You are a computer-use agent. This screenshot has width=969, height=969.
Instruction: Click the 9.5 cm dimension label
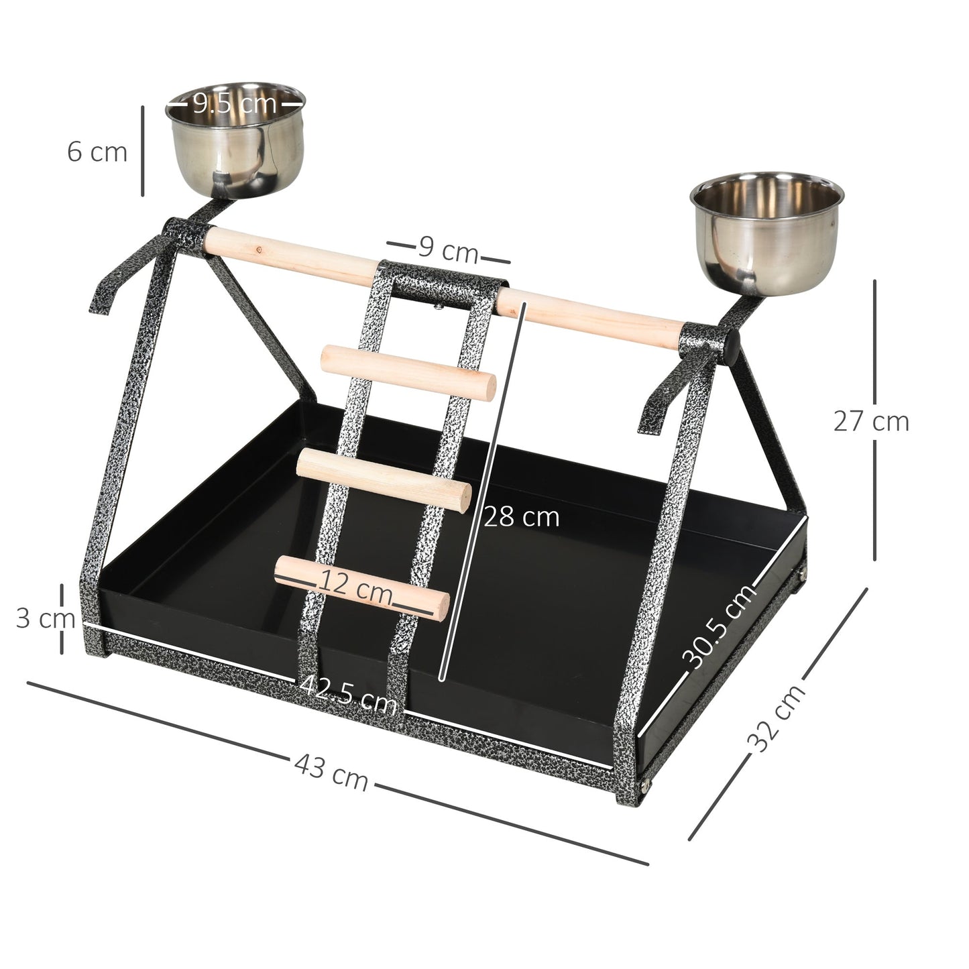point(235,103)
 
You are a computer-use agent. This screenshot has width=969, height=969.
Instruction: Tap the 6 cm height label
point(97,152)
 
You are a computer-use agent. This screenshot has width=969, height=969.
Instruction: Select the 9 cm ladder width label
point(448,251)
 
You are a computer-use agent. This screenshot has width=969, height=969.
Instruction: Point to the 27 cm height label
point(871,421)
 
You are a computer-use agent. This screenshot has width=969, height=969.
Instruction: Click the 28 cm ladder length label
point(521,517)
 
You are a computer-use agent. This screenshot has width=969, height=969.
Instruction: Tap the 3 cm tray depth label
point(44,618)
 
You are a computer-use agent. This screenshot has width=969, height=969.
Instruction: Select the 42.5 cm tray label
point(348,694)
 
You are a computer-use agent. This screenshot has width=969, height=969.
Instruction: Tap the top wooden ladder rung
point(409,373)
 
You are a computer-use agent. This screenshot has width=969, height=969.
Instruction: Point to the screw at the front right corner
point(646,782)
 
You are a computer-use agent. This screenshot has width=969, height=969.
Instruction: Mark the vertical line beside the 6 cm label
point(143,151)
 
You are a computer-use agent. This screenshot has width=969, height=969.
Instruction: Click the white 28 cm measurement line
point(483,490)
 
